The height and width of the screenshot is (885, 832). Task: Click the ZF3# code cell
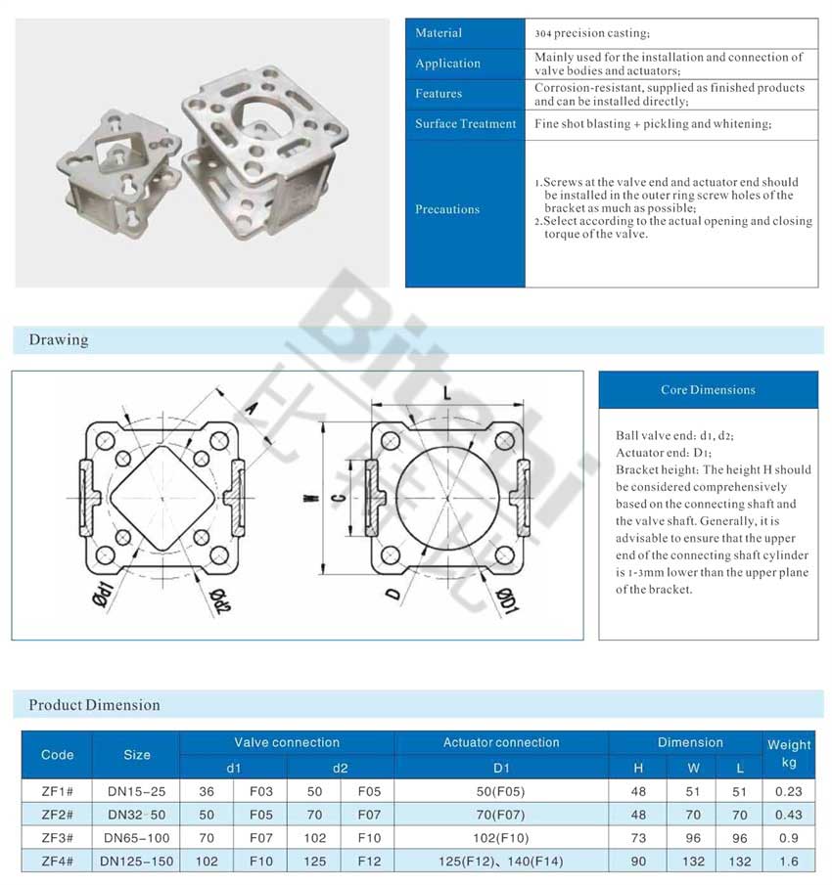point(57,838)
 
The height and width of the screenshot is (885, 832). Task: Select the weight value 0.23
point(788,791)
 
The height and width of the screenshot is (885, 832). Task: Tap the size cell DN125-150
point(136,862)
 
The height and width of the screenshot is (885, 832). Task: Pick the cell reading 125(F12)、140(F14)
point(501,862)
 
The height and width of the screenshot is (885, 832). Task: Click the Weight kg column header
point(788,753)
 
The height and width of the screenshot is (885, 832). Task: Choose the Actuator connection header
point(501,742)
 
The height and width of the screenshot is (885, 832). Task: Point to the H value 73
point(639,838)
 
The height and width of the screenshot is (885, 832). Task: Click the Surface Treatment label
point(465,124)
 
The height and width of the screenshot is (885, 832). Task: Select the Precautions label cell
point(447,209)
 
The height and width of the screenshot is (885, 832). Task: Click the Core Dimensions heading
point(708,390)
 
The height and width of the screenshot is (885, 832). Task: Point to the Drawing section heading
point(59,340)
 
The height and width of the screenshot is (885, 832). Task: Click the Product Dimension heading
point(94,705)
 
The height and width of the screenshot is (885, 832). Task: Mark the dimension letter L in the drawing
point(445,393)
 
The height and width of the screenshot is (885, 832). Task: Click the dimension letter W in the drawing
point(312,498)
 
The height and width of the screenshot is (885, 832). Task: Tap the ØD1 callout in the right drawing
point(507,597)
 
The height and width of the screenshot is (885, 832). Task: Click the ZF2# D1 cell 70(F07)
point(501,815)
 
